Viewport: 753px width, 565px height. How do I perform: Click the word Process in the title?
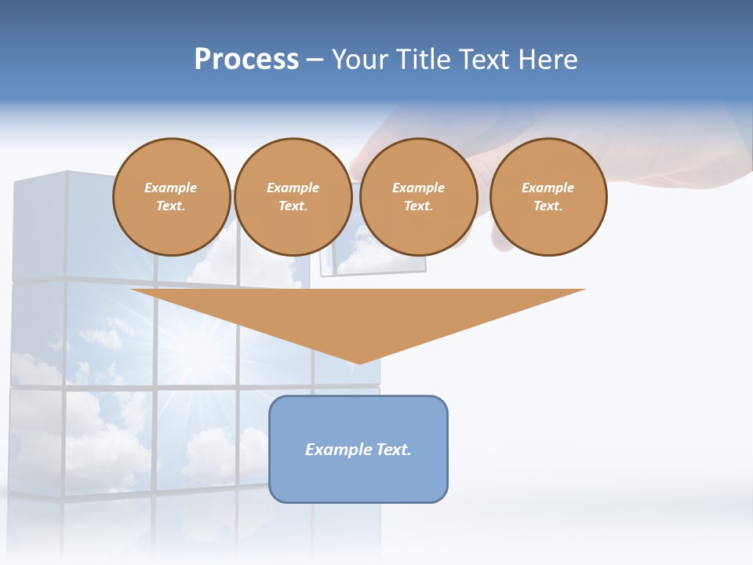[x=246, y=60]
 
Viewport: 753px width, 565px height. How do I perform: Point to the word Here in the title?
[x=548, y=60]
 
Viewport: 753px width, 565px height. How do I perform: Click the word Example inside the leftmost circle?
[x=171, y=188]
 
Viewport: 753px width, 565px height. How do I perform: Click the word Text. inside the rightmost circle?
[x=547, y=206]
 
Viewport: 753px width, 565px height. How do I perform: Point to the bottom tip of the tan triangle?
[x=358, y=363]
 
